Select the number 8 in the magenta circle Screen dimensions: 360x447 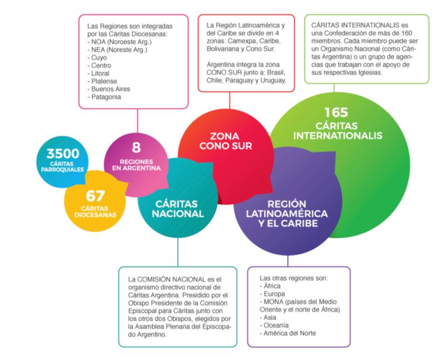[136, 148]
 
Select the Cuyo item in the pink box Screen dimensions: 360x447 [98, 57]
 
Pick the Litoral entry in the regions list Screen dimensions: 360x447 [100, 73]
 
